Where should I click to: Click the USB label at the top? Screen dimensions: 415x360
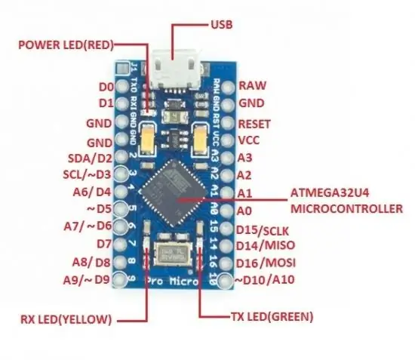222,25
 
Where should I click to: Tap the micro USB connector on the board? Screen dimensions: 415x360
175,69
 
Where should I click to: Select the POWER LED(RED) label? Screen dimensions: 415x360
66,45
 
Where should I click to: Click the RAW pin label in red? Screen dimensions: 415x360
252,85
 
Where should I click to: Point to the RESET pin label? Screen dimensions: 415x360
254,124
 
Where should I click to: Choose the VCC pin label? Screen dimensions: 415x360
249,140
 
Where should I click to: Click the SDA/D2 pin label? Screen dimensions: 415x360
90,158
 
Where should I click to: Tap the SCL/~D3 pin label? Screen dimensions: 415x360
87,174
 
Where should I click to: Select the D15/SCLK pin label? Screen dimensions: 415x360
263,230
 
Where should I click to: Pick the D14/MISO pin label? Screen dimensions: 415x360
265,245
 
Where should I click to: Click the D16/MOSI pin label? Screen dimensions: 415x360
266,263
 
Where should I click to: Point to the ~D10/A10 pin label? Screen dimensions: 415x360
265,280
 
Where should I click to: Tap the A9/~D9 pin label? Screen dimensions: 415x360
86,280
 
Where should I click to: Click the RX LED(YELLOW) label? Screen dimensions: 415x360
66,319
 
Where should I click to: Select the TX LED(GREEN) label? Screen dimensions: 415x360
272,316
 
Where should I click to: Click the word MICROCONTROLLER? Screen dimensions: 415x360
346,208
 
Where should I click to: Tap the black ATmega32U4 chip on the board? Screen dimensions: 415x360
174,192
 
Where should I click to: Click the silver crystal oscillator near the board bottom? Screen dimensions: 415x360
174,254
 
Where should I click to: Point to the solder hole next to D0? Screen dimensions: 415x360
121,86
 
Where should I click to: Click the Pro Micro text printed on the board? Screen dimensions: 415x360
172,281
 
